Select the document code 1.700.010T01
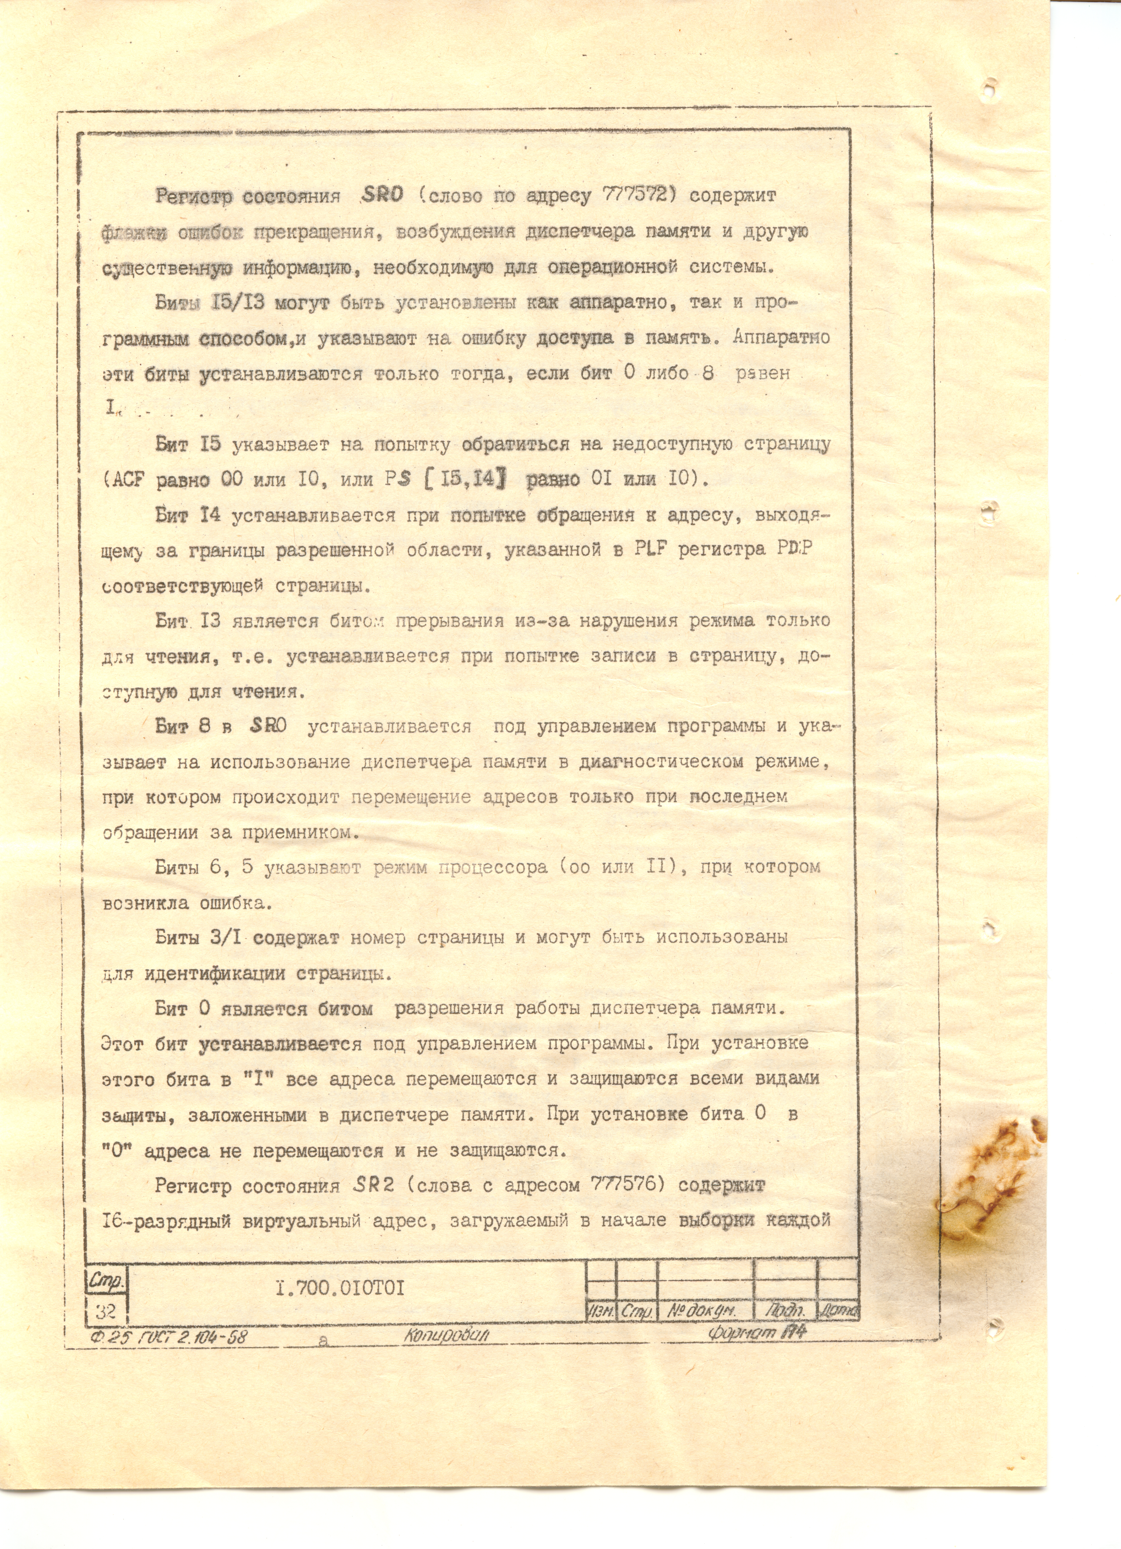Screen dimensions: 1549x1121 point(340,1289)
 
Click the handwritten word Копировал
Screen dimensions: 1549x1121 point(445,1335)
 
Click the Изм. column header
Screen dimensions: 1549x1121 point(601,1311)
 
